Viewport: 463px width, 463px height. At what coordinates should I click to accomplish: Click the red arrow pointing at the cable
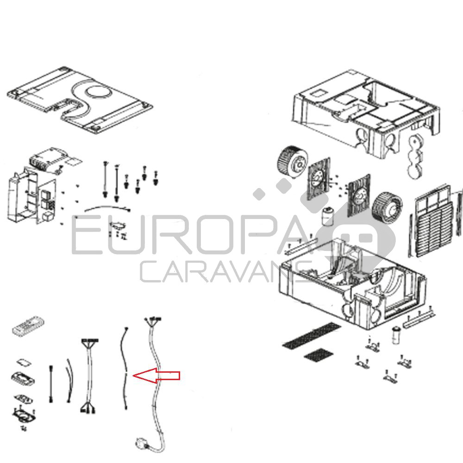[x=156, y=375]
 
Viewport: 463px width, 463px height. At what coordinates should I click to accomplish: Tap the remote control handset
[x=28, y=325]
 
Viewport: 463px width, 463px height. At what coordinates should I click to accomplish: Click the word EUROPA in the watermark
[x=189, y=235]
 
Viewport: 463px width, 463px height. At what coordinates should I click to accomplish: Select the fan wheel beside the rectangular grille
[x=387, y=207]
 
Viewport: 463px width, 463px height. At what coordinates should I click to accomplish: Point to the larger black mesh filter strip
[x=312, y=335]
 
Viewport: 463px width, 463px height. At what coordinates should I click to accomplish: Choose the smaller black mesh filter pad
[x=319, y=354]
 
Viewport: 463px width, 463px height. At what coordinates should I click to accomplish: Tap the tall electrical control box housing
[x=22, y=196]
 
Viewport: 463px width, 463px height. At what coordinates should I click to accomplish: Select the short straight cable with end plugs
[x=51, y=384]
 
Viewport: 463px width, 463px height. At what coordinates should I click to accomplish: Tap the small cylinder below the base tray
[x=396, y=335]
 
